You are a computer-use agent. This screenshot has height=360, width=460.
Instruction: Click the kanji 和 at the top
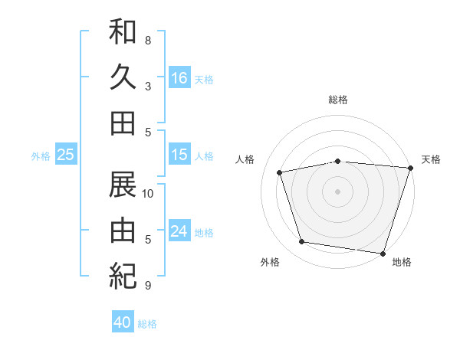click(123, 33)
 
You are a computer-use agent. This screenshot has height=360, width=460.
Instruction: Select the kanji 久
click(123, 77)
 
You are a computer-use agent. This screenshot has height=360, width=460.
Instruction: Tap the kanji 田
click(123, 122)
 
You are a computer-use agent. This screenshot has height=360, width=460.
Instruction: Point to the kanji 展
click(123, 185)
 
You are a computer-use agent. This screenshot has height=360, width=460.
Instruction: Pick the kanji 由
click(123, 229)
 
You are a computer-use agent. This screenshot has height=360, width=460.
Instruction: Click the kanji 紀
click(123, 273)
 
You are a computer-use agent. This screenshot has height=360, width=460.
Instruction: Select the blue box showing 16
click(179, 77)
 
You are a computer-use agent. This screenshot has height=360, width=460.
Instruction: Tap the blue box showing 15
click(179, 155)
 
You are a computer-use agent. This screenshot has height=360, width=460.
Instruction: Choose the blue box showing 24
click(179, 231)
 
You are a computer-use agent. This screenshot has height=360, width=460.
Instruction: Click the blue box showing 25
click(66, 155)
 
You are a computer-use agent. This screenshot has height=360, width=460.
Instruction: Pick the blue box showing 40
click(123, 322)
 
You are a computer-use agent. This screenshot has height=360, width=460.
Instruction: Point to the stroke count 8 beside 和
click(148, 40)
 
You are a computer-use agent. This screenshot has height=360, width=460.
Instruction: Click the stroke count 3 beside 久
click(148, 86)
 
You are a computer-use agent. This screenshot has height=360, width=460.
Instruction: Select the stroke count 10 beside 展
click(148, 194)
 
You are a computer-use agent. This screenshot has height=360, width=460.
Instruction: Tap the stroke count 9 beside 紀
click(148, 286)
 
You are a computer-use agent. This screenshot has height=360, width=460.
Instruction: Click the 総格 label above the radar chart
click(338, 100)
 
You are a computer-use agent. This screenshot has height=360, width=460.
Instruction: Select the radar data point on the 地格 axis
click(383, 253)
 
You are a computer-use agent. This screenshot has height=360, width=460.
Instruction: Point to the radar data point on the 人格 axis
click(280, 172)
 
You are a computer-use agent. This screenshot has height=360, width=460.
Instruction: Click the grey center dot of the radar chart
click(338, 191)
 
